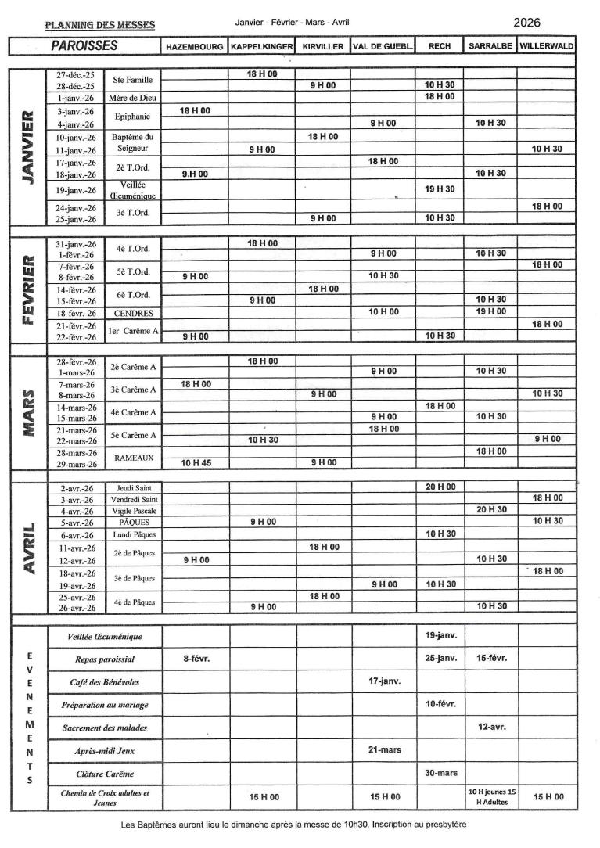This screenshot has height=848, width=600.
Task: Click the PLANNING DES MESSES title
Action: coord(100,25)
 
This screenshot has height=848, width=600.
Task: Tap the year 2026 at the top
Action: coord(527,23)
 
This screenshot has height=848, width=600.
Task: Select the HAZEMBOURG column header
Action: coord(194,46)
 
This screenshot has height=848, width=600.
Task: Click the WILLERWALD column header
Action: coord(546,46)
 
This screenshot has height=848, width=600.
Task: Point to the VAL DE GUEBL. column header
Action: coord(383,46)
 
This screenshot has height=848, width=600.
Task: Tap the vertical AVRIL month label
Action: coord(29,548)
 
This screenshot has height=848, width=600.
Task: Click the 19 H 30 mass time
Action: coord(440,189)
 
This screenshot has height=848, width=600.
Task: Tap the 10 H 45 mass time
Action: coord(195,463)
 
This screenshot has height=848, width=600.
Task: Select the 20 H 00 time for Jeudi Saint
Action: coord(440,487)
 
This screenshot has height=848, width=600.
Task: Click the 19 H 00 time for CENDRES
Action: coord(491,311)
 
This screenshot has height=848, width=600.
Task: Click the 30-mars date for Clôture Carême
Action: coord(441,773)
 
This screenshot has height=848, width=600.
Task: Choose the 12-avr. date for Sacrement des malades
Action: coord(491,727)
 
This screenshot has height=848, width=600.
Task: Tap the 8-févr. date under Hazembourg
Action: coord(196,658)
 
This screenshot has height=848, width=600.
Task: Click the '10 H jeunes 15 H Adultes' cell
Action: coord(491,797)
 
